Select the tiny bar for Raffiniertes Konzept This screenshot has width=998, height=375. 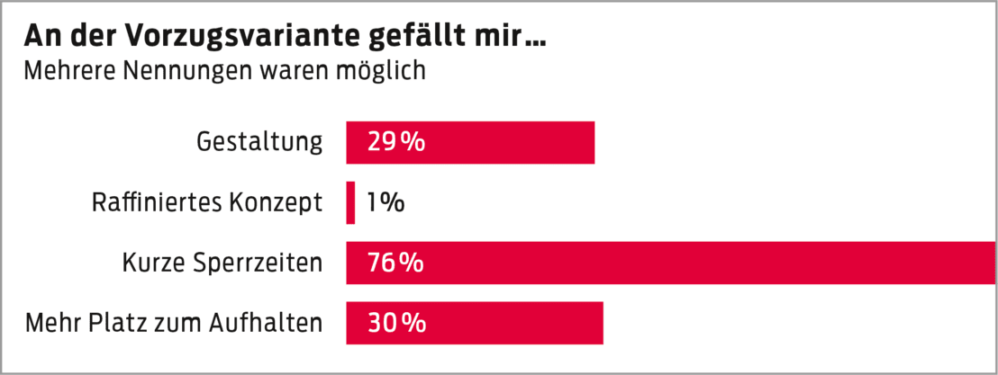pyautogui.click(x=350, y=202)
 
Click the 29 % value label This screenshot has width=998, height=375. pyautogui.click(x=395, y=142)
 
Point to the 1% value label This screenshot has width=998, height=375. pyautogui.click(x=385, y=202)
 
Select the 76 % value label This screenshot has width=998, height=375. pyautogui.click(x=395, y=263)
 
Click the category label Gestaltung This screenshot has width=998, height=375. pyautogui.click(x=259, y=142)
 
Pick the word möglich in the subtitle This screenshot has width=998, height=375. pyautogui.click(x=383, y=71)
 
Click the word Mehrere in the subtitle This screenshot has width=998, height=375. pyautogui.click(x=64, y=70)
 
